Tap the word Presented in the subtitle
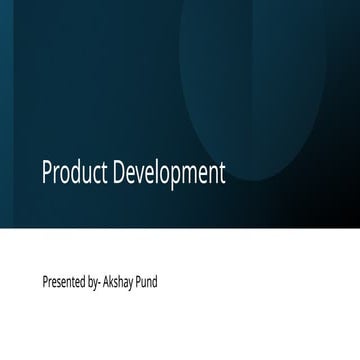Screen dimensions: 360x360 63,282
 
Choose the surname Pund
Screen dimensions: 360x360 147,282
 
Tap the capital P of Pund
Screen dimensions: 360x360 140,282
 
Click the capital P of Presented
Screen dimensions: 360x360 45,282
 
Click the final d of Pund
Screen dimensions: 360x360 155,282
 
